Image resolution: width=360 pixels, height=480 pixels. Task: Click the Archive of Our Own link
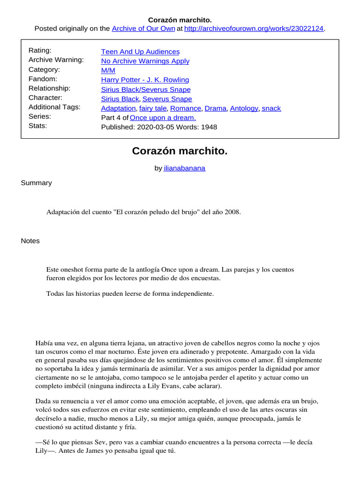[143, 29]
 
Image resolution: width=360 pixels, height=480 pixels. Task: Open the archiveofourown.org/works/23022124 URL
[254, 29]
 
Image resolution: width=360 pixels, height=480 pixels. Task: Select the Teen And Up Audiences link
[140, 52]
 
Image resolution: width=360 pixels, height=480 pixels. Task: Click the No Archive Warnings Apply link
[145, 61]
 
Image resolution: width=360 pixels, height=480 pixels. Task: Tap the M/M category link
[108, 70]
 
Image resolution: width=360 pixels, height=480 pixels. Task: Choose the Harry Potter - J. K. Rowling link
[145, 80]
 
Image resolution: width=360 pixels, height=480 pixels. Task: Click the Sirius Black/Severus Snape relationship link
[146, 89]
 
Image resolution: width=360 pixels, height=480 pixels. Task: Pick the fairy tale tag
[153, 108]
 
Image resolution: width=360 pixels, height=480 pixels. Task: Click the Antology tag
[244, 108]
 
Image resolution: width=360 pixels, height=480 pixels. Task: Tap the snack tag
[271, 108]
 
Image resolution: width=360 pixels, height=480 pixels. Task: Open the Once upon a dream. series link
[163, 118]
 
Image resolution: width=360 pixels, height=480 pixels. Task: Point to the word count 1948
[209, 127]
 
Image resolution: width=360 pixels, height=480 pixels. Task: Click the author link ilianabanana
[184, 168]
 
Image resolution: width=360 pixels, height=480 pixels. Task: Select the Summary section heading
[36, 183]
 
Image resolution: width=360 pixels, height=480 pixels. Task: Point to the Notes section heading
[30, 241]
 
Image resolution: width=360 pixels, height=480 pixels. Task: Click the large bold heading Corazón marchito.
[180, 151]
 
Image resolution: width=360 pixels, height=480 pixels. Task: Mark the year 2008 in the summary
[232, 212]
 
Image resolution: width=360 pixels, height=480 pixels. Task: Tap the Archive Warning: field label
[56, 60]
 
